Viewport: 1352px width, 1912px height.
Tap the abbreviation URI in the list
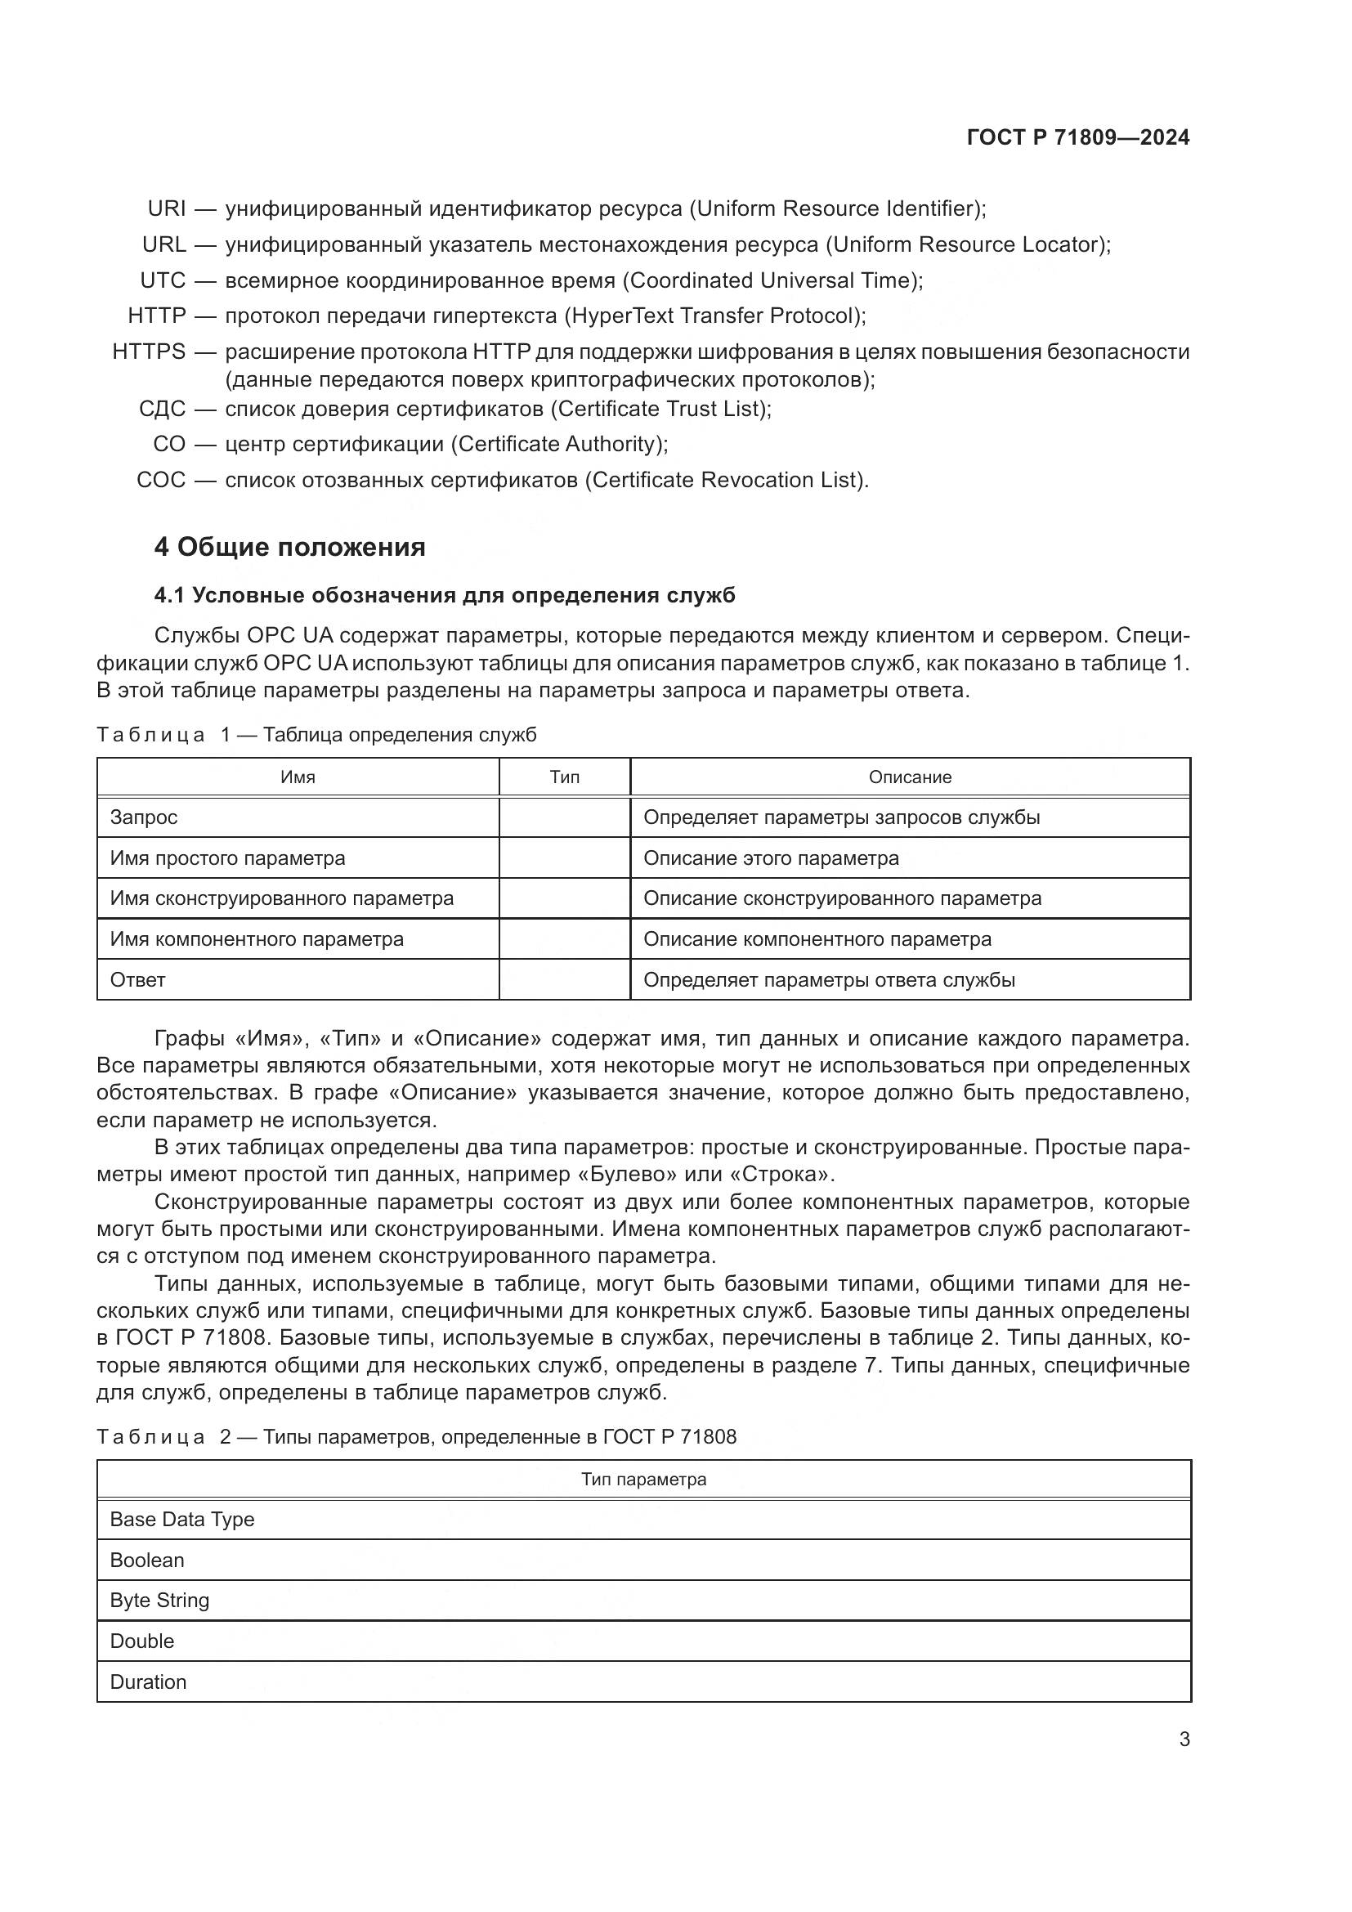(x=167, y=208)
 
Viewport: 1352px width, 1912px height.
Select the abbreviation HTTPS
(x=149, y=352)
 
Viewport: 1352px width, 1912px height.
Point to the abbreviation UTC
(x=163, y=280)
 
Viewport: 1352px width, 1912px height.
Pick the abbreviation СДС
(x=163, y=409)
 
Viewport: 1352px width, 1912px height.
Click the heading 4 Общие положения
(x=289, y=547)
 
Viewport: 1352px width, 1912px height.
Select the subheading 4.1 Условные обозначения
(x=445, y=595)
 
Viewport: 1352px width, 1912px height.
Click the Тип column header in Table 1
(x=565, y=777)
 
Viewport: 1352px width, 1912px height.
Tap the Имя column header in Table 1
(x=298, y=777)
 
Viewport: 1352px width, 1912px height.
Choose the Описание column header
(x=910, y=777)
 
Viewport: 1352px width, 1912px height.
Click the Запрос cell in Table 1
(x=144, y=817)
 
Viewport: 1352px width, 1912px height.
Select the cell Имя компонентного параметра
(x=257, y=939)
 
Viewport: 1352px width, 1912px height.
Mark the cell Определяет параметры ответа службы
(x=829, y=980)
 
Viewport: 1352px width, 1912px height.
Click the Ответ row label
(x=138, y=980)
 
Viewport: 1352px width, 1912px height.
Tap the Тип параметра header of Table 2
(x=643, y=1480)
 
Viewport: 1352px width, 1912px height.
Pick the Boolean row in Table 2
(x=147, y=1560)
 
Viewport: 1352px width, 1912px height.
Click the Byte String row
(x=160, y=1601)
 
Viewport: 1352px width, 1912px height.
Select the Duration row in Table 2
(x=148, y=1681)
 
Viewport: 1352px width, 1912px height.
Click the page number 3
(x=1184, y=1740)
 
